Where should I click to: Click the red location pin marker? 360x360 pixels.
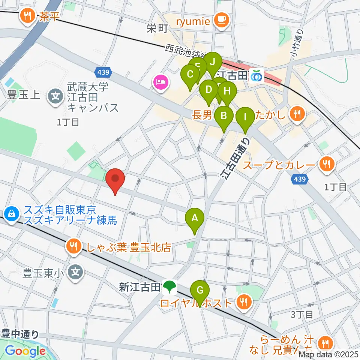click(x=115, y=181)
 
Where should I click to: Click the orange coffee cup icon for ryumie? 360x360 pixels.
click(x=220, y=19)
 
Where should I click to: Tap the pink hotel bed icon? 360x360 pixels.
click(x=160, y=82)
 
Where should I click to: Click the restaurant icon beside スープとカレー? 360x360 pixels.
click(x=327, y=164)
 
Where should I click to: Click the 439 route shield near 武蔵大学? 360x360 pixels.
click(x=102, y=71)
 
